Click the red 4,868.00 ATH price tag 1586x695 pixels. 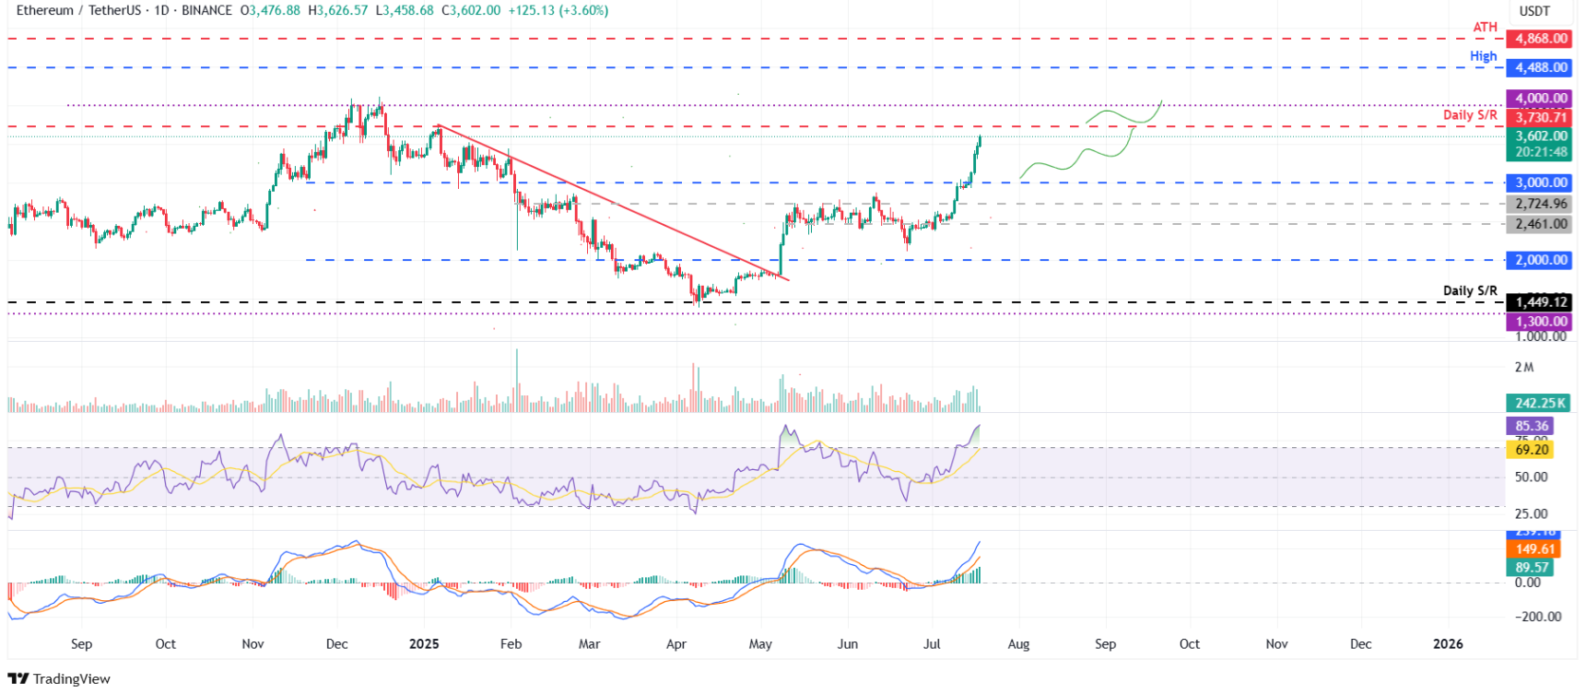pyautogui.click(x=1539, y=39)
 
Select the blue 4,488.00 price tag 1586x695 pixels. pyautogui.click(x=1539, y=67)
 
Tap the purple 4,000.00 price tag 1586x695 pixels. pyautogui.click(x=1539, y=98)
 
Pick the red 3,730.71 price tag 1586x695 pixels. pyautogui.click(x=1539, y=117)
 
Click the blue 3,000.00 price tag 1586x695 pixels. pyautogui.click(x=1539, y=183)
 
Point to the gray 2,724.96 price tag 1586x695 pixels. pyautogui.click(x=1539, y=204)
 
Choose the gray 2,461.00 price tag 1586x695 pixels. pyautogui.click(x=1539, y=224)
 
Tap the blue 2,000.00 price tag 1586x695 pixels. pyautogui.click(x=1539, y=260)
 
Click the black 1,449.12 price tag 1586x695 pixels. pyautogui.click(x=1539, y=302)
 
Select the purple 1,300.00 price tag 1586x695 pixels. pyautogui.click(x=1539, y=322)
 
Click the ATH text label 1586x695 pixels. pyautogui.click(x=1485, y=28)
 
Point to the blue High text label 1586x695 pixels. pyautogui.click(x=1483, y=56)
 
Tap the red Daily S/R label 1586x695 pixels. pyautogui.click(x=1469, y=115)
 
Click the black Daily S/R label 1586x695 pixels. pyautogui.click(x=1469, y=290)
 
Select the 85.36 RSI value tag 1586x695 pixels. pyautogui.click(x=1531, y=426)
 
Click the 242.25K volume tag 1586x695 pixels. pyautogui.click(x=1539, y=403)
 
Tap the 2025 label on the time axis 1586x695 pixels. pyautogui.click(x=424, y=644)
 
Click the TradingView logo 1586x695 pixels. pyautogui.click(x=59, y=679)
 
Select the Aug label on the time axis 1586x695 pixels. pyautogui.click(x=1018, y=644)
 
